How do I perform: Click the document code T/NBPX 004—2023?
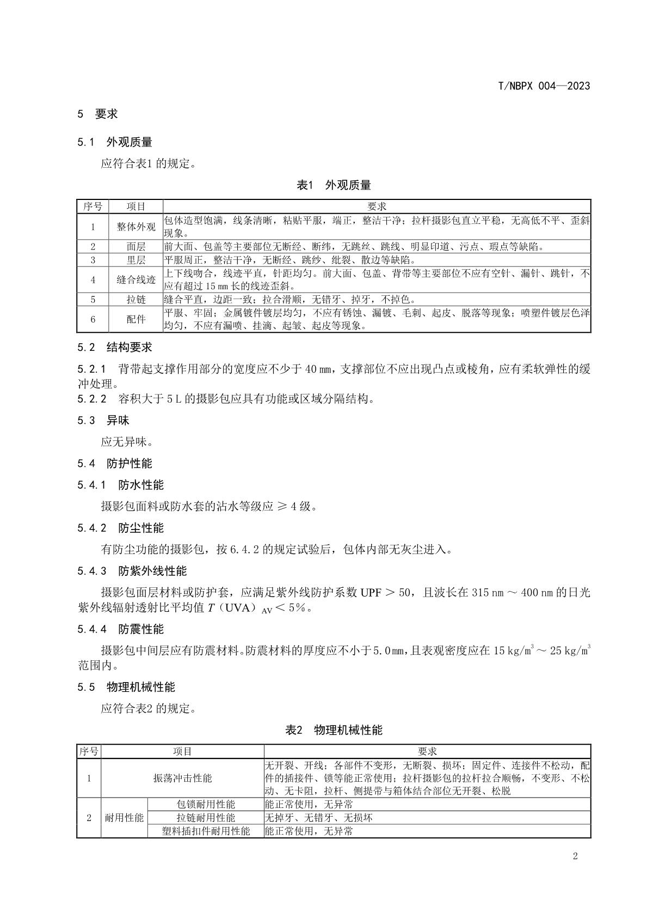[544, 86]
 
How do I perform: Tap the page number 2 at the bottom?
[575, 856]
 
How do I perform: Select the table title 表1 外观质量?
[334, 185]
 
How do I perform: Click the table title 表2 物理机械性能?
[334, 730]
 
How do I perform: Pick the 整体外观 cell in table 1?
[136, 227]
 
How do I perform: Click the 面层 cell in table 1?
[136, 247]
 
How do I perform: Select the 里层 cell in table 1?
[136, 260]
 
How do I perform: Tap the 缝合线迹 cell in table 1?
[136, 279]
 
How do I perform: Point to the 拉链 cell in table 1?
[136, 300]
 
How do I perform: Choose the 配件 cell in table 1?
[136, 319]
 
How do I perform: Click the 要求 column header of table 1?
[377, 206]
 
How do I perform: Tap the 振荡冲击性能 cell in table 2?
[182, 778]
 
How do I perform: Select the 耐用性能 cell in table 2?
[124, 818]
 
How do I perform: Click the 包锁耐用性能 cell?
[206, 805]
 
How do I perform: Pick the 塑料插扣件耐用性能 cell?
[206, 831]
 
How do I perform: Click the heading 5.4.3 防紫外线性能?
[132, 571]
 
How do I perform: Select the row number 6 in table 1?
[93, 319]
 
